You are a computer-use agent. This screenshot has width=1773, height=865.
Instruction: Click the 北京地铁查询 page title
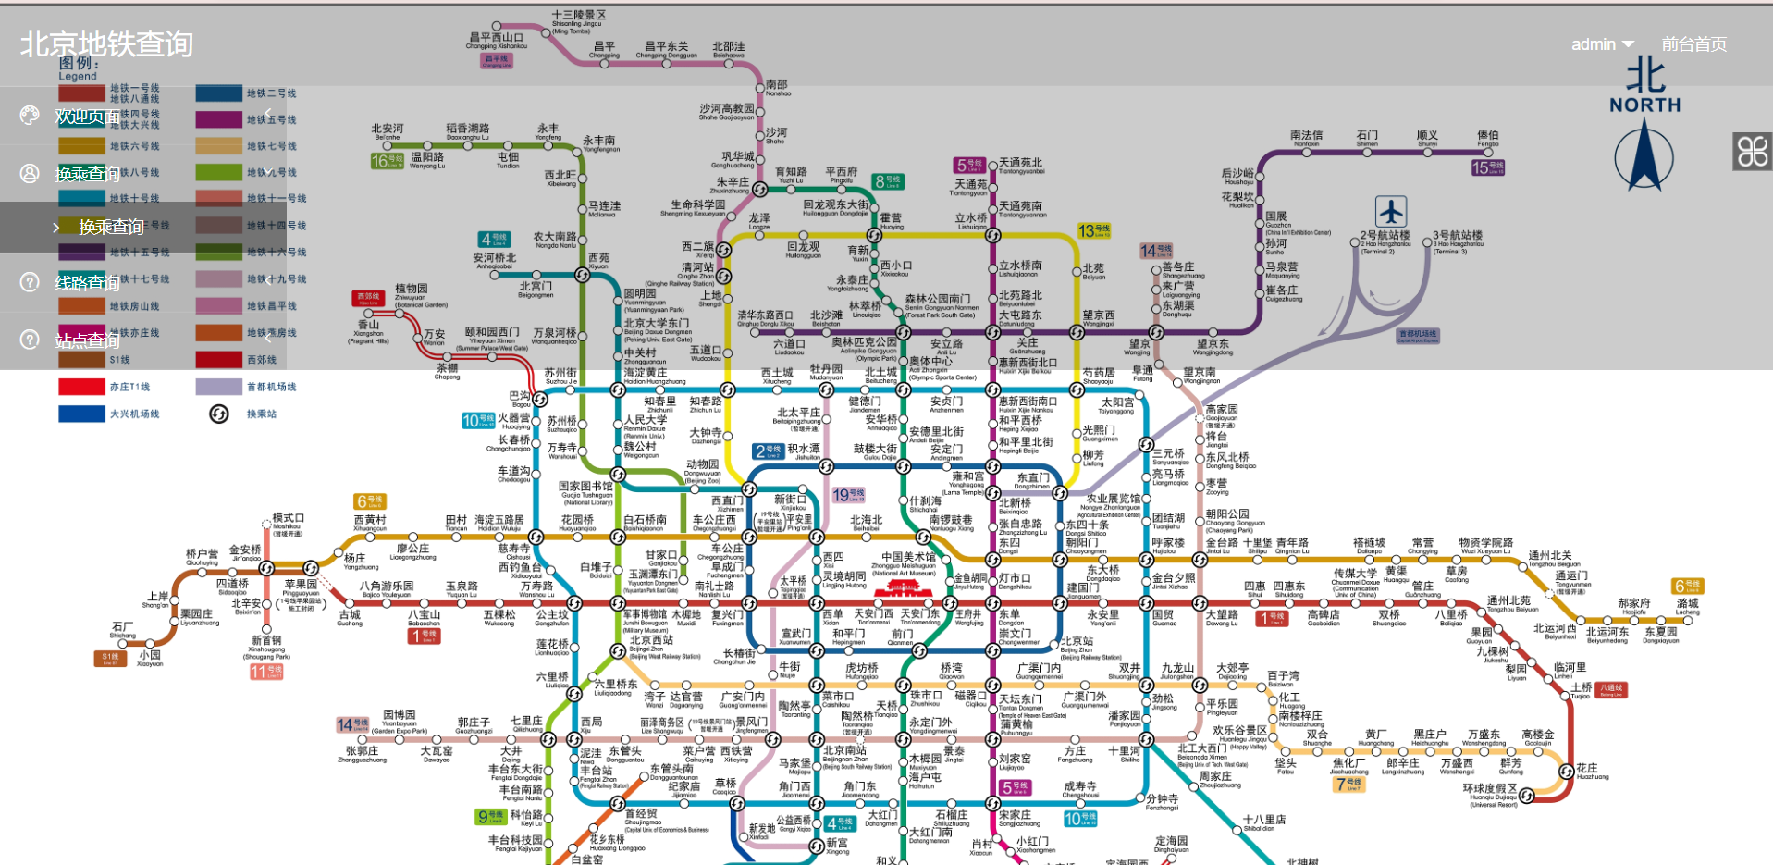106,43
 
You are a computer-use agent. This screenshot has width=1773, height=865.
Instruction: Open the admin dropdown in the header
1602,44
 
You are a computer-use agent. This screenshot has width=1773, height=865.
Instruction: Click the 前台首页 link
1693,44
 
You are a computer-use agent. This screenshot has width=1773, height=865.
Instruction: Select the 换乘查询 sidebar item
87,174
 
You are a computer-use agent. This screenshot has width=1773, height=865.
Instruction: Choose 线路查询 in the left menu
87,282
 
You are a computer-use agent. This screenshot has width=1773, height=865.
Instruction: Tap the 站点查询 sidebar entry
87,340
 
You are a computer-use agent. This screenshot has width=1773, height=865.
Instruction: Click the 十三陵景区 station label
579,16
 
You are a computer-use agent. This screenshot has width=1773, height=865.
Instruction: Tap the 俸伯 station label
1487,135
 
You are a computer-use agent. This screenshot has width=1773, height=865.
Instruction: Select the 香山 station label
368,325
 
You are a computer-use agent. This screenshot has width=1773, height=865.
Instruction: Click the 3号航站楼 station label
1458,235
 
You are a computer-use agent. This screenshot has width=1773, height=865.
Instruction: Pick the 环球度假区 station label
1489,788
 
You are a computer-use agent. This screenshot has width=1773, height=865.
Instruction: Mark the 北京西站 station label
651,639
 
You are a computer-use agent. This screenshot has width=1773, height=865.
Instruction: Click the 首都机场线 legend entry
270,387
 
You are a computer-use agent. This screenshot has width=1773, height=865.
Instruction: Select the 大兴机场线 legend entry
134,414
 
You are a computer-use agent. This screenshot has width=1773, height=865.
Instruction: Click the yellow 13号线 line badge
1093,230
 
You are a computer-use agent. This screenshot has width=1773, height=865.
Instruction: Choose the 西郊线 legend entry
261,360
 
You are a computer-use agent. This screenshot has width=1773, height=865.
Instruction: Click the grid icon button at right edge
1752,151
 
